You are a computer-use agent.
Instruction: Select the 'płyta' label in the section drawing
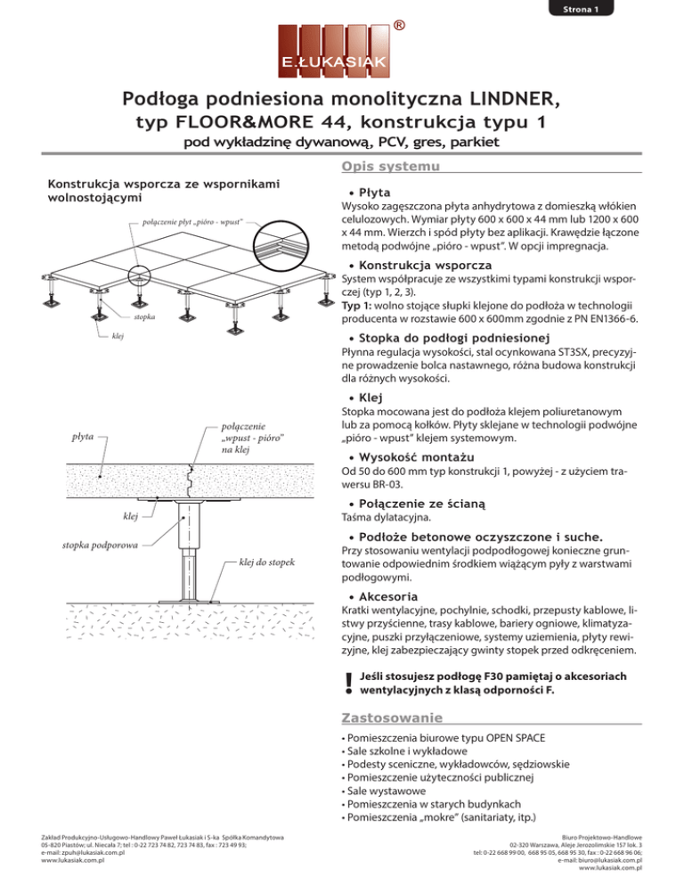85,437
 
